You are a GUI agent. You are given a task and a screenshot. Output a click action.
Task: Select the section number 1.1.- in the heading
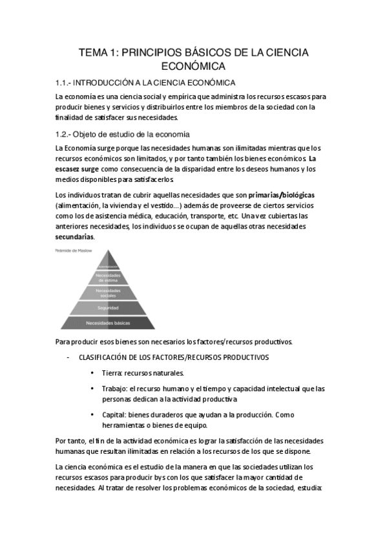click(x=67, y=83)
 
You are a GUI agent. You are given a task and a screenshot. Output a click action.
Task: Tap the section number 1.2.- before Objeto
click(x=67, y=135)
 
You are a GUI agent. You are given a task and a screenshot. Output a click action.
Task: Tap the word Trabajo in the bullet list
click(x=114, y=388)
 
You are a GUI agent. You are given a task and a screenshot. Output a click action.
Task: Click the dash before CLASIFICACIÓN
click(x=68, y=357)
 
